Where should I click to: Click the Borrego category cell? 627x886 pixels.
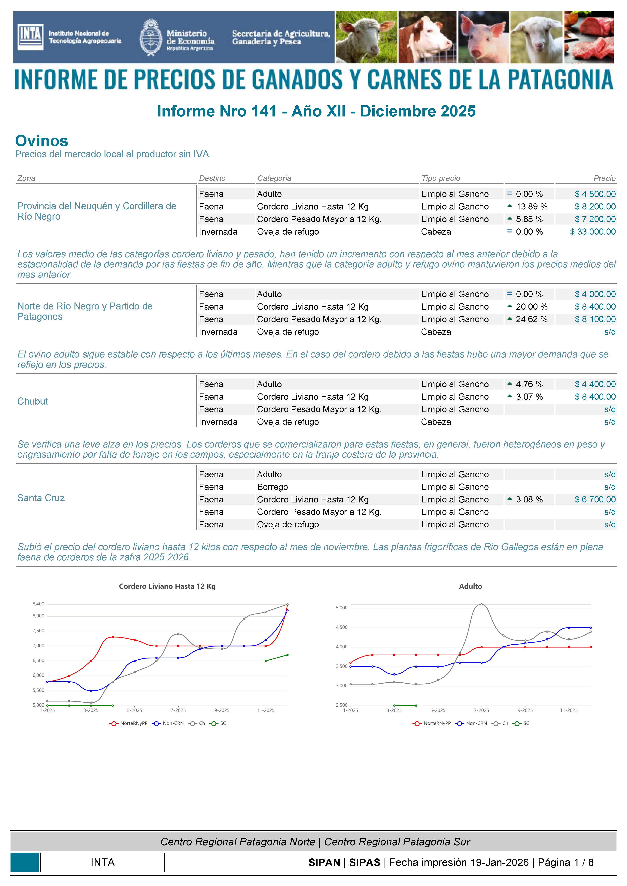coord(272,487)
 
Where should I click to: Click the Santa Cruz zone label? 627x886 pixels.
coord(41,498)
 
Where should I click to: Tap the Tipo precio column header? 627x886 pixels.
coord(440,178)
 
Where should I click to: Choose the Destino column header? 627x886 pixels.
coord(212,178)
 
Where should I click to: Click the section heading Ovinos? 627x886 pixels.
coord(42,141)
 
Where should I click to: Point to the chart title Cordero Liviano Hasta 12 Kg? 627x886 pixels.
coord(167,586)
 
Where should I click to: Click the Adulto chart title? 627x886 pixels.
coord(470,586)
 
